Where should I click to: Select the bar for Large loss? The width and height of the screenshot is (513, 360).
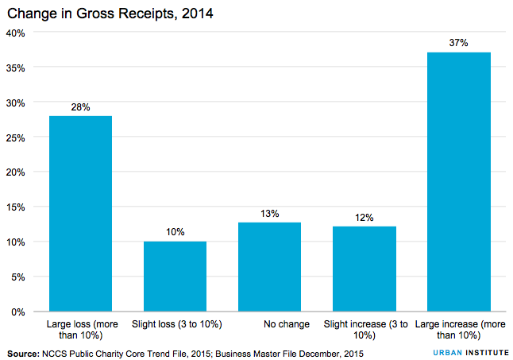pos(80,213)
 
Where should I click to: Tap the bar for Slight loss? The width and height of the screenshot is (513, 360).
pos(175,276)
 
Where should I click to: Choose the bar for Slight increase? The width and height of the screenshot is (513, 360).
pos(364,269)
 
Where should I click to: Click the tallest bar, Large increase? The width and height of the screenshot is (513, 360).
pos(458,181)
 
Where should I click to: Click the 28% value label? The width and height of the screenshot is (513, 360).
pos(80,106)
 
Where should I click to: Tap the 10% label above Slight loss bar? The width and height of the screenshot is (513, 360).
pos(175,232)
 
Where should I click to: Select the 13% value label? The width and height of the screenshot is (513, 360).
pos(269,213)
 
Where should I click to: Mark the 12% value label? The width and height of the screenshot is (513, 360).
pos(364,217)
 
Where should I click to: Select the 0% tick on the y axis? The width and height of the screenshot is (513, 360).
pos(19,312)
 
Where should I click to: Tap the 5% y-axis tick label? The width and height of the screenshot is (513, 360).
pos(19,277)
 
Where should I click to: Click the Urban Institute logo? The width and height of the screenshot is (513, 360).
pos(465,351)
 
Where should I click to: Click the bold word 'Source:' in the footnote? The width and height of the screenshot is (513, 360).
pos(25,351)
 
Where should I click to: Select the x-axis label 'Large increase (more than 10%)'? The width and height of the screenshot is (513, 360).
pos(458,330)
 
